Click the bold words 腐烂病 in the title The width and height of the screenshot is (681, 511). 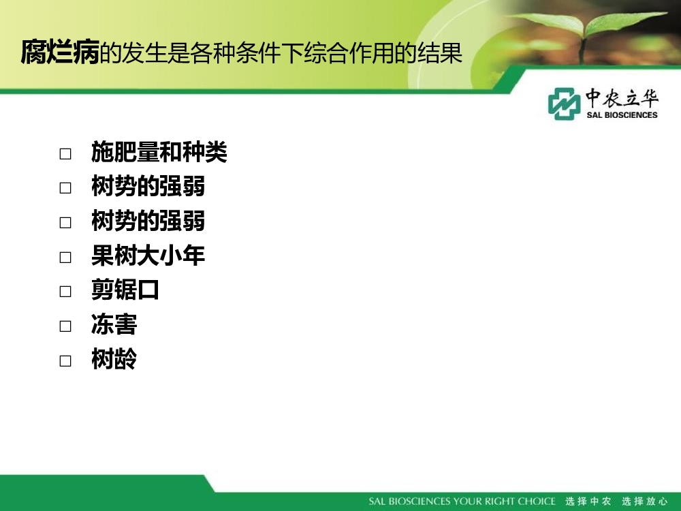click(x=61, y=52)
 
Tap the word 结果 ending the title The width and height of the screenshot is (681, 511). click(x=439, y=53)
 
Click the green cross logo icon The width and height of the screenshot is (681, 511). click(x=564, y=104)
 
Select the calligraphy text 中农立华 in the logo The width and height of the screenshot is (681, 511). click(x=622, y=98)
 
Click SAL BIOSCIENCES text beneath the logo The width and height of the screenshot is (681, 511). click(x=622, y=115)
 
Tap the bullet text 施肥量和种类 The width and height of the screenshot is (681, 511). click(x=159, y=152)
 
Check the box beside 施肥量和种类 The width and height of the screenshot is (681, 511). click(x=65, y=154)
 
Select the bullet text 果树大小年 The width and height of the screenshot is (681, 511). click(x=148, y=255)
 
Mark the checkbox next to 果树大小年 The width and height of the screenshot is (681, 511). click(x=65, y=258)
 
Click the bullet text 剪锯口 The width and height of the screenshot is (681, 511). click(x=125, y=290)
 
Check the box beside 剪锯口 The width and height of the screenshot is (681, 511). click(x=65, y=291)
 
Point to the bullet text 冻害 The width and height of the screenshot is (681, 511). click(x=114, y=324)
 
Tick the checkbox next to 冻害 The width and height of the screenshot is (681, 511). click(x=65, y=326)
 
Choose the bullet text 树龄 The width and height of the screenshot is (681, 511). click(x=114, y=359)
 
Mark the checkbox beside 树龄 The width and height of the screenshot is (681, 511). click(x=65, y=360)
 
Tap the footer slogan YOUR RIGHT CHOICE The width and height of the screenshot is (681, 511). click(x=505, y=501)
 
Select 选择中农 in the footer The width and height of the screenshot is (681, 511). click(x=588, y=501)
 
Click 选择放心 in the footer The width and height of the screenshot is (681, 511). click(x=644, y=501)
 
